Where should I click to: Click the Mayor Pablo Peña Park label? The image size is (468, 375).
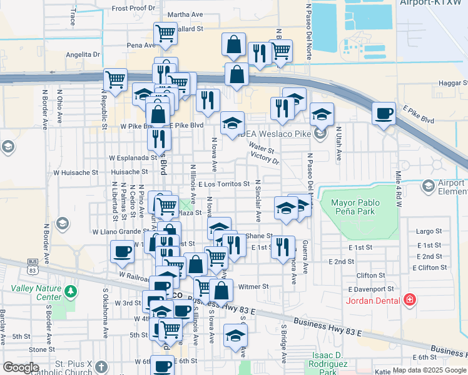[x=359, y=208]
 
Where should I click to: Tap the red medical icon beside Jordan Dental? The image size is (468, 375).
[x=410, y=301]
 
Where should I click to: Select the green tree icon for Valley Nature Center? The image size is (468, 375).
[x=72, y=291]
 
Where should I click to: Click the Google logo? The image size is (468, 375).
[x=21, y=367]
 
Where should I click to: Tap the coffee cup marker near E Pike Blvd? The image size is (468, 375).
[x=384, y=114]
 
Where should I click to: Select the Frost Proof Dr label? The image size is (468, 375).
[x=133, y=8]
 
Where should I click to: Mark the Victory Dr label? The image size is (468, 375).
[x=264, y=159]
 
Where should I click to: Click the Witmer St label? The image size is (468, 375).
[x=253, y=287]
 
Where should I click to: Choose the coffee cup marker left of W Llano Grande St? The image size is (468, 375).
[x=122, y=251]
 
